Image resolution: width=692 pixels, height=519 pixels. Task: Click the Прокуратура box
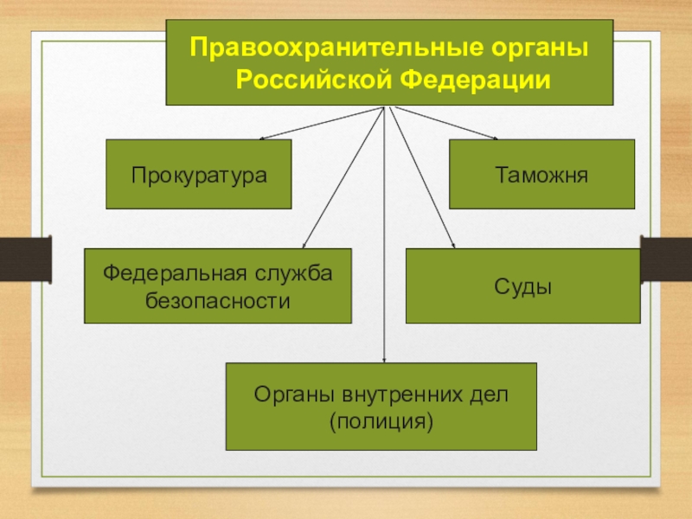pos(199,174)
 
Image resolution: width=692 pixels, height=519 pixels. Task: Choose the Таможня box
pos(542,174)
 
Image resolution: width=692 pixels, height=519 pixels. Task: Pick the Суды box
pos(523,285)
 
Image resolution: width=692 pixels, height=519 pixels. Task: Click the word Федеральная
pos(175,273)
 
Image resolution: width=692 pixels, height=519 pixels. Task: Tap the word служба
pos(293,273)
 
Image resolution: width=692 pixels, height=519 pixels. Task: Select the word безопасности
pos(218,301)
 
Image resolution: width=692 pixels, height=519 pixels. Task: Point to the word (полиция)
pos(381,422)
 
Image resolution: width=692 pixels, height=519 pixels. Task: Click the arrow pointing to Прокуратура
pos(322,123)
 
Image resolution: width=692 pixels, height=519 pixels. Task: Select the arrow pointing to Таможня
pos(446,123)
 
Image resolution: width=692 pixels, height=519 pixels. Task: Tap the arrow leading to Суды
pos(422,177)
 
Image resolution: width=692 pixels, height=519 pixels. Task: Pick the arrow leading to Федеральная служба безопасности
pos(343,177)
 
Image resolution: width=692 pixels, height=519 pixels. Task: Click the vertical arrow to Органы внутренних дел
pos(384,234)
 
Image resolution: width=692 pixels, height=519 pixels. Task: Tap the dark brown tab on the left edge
pos(26,259)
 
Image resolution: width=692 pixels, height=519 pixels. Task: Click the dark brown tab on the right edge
pos(666,259)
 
